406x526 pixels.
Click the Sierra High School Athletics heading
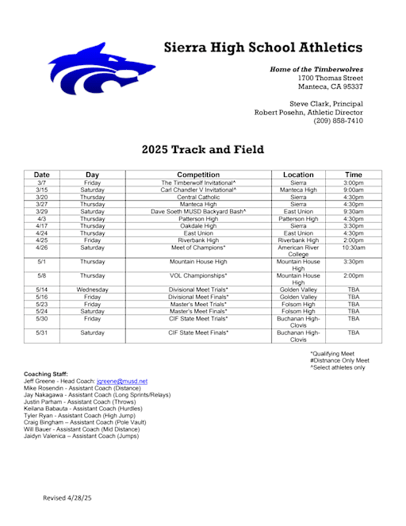click(x=263, y=47)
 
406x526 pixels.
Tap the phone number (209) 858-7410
click(x=341, y=121)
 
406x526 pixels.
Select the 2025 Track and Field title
click(x=203, y=149)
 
